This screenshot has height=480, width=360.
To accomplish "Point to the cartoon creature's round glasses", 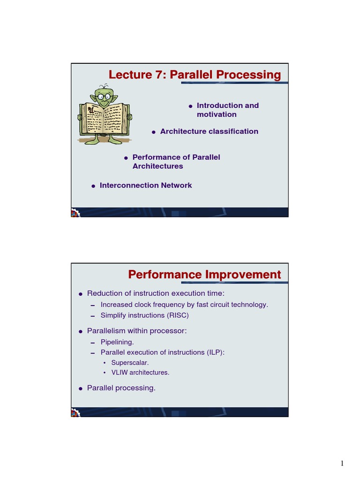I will point(104,97).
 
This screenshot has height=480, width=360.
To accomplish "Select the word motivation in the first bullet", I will point(217,114).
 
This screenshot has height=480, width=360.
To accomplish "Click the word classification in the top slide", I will point(233,131).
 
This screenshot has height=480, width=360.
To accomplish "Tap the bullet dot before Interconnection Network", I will point(94,186).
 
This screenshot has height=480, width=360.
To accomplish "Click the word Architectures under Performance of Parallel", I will point(157,166).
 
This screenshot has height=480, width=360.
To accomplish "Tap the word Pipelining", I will point(117,342).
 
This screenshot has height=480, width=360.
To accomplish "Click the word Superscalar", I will point(130,363).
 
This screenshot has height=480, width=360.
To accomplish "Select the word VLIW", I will point(120,373).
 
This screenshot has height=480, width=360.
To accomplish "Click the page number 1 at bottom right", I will point(342,464).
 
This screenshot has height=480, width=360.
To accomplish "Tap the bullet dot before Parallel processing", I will point(81,389).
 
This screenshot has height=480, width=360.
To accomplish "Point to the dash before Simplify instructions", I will point(93,316).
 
